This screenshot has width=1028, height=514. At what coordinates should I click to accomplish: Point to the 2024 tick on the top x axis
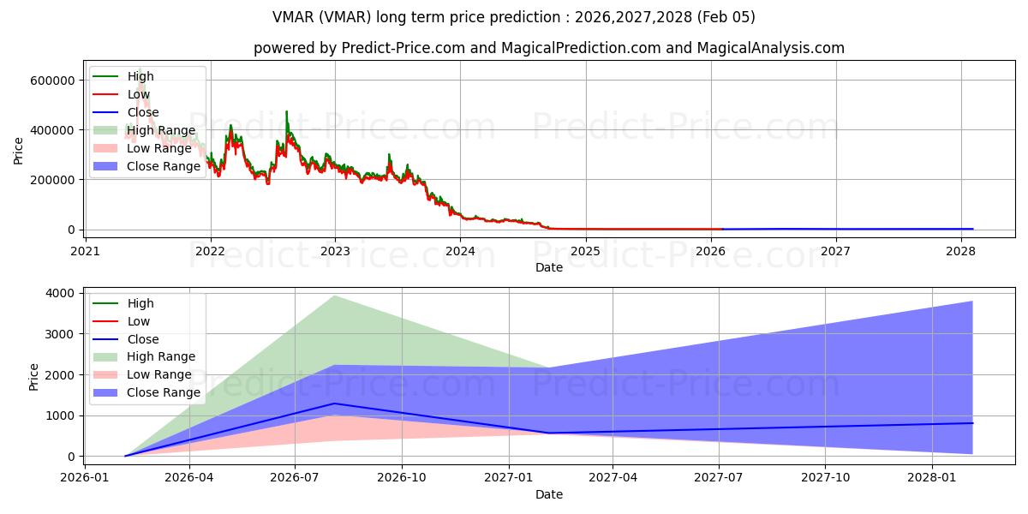[460, 251]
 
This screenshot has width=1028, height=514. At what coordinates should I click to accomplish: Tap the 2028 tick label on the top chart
[960, 251]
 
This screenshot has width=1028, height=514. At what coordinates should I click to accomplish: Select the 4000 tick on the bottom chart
[60, 293]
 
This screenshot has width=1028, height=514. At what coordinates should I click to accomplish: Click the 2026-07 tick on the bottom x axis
[295, 478]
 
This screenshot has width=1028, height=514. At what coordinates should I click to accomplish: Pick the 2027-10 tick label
[826, 478]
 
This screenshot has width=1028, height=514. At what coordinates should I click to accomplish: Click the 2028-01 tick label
[931, 478]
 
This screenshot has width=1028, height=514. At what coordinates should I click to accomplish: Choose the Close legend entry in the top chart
[142, 112]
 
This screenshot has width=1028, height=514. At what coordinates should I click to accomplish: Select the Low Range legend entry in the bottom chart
[158, 374]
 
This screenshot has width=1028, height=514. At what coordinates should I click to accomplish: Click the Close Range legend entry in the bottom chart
[163, 392]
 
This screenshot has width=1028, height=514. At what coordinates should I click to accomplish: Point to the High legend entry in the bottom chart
[140, 303]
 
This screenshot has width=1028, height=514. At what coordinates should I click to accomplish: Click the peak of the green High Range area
[334, 296]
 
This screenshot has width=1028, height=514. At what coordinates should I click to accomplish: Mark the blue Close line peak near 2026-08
[334, 403]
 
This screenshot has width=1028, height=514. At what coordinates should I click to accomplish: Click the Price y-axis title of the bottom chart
[34, 376]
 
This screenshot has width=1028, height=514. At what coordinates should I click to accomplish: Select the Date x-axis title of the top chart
[549, 267]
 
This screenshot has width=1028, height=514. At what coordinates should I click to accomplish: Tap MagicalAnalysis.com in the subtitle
[771, 48]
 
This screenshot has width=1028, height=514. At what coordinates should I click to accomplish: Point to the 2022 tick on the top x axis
[210, 251]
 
